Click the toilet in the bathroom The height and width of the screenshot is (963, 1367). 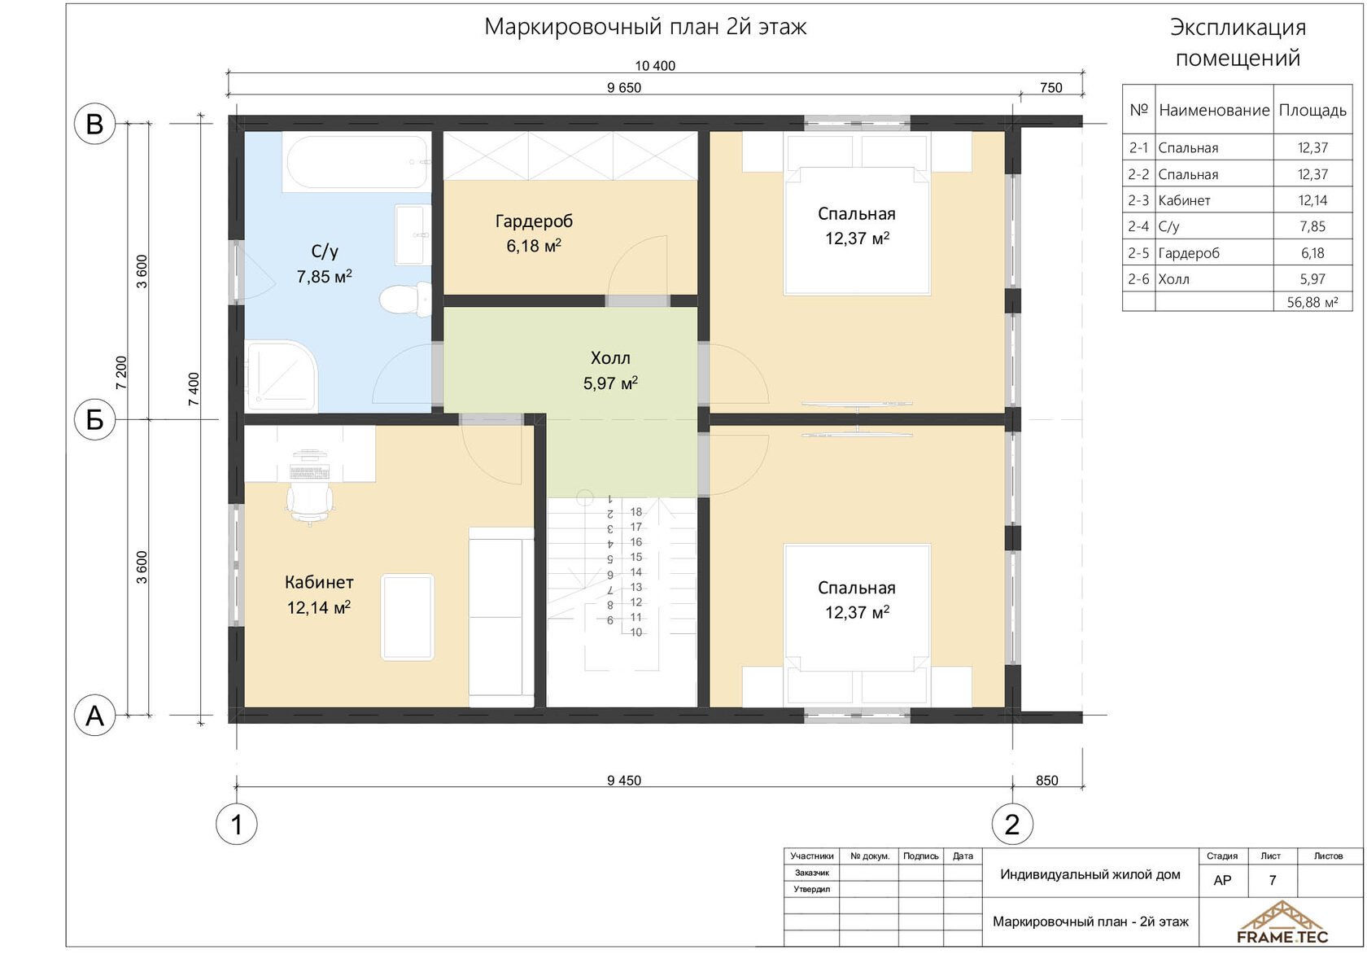click(x=406, y=300)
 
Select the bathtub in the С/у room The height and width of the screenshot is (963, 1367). click(x=357, y=162)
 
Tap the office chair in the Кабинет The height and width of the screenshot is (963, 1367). click(x=310, y=502)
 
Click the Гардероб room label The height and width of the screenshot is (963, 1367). click(x=534, y=221)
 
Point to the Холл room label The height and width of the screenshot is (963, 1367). click(x=610, y=358)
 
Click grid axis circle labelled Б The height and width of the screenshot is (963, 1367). click(x=94, y=419)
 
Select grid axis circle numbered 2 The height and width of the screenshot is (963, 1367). click(x=1012, y=825)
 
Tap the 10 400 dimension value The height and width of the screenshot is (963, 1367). click(x=656, y=66)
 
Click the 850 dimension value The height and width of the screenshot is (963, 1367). click(x=1047, y=781)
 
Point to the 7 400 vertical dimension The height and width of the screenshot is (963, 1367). click(x=194, y=389)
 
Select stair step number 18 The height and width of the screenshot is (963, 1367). click(x=636, y=512)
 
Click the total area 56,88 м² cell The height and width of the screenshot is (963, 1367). click(x=1312, y=302)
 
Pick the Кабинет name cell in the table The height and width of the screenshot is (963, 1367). click(x=1185, y=200)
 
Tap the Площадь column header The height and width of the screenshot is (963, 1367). click(x=1312, y=111)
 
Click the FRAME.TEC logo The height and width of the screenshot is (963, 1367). click(x=1282, y=922)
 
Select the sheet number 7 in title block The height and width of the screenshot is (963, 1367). click(x=1273, y=880)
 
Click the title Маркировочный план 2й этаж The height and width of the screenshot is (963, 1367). click(x=646, y=27)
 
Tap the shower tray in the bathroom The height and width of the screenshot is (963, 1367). click(x=282, y=376)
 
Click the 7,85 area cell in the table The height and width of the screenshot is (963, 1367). click(x=1312, y=226)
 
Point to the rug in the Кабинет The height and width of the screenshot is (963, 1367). click(x=408, y=617)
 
